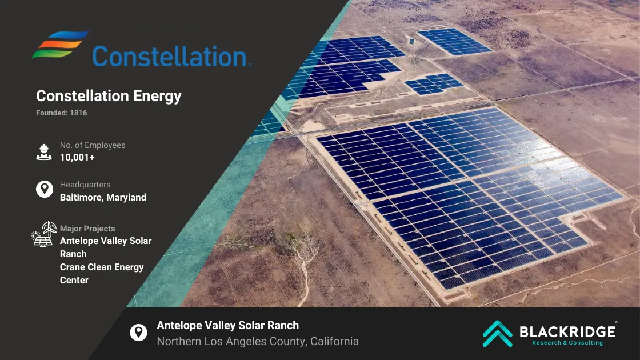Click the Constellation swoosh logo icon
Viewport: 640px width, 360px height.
[60, 44]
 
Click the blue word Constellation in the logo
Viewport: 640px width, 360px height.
[171, 57]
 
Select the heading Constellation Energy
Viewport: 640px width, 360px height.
[109, 96]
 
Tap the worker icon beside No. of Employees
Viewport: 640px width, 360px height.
[44, 152]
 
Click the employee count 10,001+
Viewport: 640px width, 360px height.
[77, 158]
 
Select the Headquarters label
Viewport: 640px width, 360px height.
[85, 185]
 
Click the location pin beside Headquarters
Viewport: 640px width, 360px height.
[45, 189]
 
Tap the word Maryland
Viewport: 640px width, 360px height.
[126, 198]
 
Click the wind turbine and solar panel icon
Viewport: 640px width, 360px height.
[44, 234]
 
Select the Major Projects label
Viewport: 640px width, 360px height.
[87, 229]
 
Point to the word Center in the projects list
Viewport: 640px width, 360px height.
[74, 281]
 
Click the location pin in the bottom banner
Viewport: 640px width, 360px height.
[138, 333]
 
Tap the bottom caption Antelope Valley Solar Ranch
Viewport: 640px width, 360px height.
[228, 325]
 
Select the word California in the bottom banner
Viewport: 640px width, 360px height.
[334, 341]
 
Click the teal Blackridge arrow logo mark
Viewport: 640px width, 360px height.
[498, 334]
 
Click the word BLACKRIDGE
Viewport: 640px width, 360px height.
[567, 331]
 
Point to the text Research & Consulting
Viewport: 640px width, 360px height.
[567, 343]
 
